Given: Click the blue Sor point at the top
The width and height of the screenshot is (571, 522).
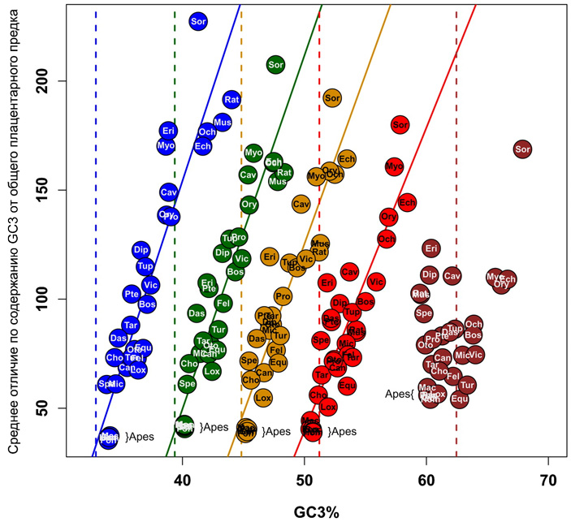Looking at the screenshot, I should tap(197, 21).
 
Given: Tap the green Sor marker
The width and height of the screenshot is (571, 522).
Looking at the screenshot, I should tap(275, 64).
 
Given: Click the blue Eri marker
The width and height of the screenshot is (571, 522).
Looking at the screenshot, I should tap(168, 131).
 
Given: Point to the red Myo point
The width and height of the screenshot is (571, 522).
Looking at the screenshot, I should tap(394, 166).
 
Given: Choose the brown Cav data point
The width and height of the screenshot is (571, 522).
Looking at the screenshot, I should tap(452, 276).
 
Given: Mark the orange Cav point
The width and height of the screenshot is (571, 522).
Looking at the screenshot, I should tap(301, 204).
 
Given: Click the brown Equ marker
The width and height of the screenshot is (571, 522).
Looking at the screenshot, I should tap(460, 399).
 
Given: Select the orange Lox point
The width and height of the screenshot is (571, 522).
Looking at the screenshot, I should tap(263, 398).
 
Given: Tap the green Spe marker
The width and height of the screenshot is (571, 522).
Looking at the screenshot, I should tap(188, 383).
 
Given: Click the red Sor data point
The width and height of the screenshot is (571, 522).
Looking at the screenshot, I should tap(400, 125).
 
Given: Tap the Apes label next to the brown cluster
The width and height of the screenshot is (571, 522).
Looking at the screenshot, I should tap(400, 395).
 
